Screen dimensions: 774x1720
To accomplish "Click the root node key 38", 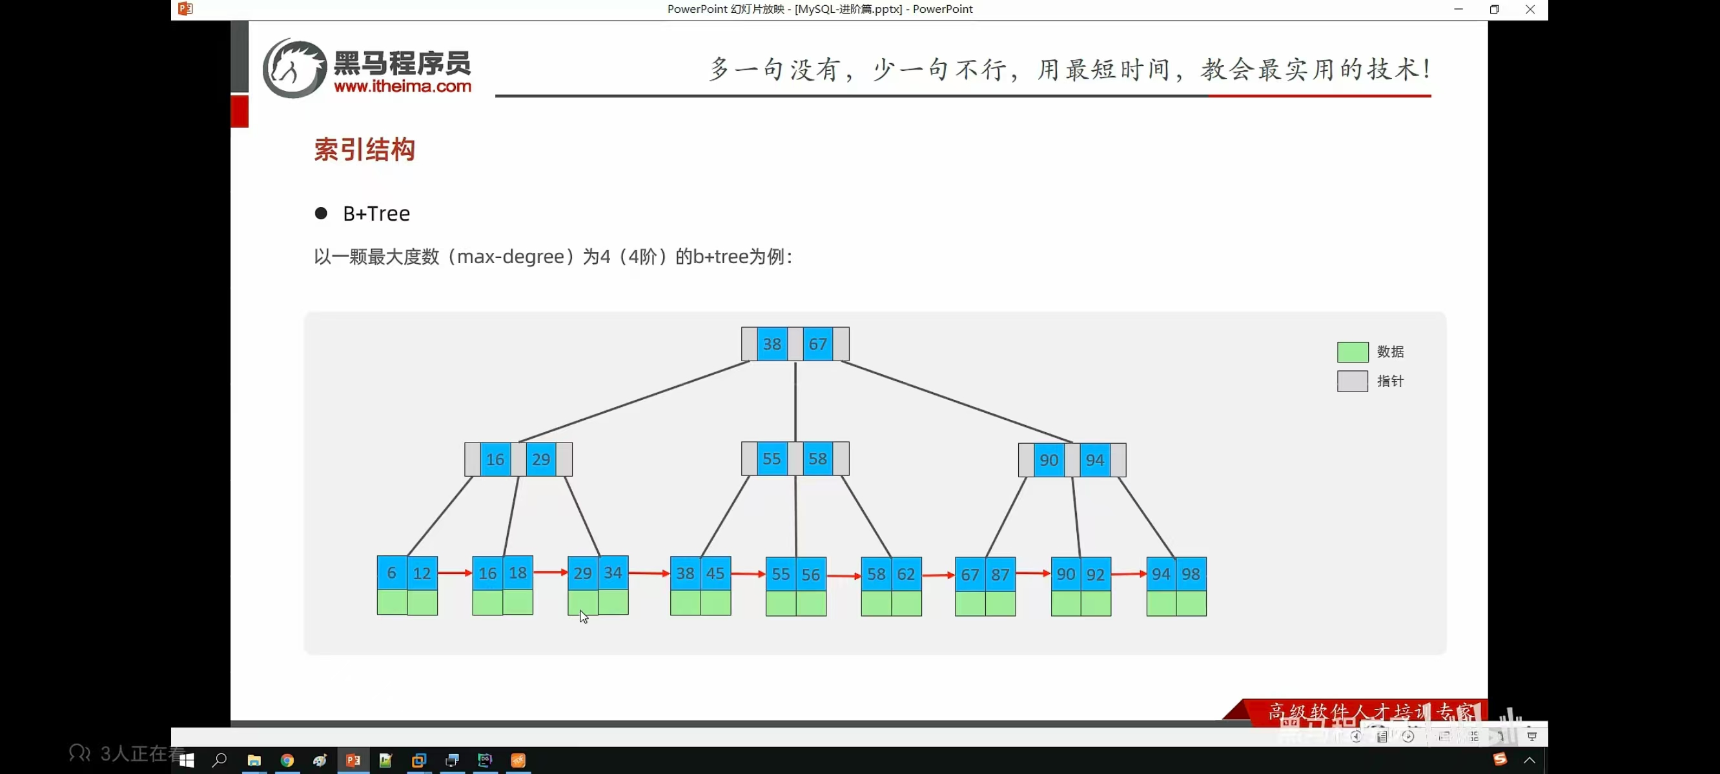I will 772,344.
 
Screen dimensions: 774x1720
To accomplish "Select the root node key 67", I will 817,344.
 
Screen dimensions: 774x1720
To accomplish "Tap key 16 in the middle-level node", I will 495,460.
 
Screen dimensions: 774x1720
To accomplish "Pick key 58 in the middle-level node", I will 817,459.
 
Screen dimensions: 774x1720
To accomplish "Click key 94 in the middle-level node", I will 1094,461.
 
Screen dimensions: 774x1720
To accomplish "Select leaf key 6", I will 392,573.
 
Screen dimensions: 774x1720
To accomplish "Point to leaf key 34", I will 613,573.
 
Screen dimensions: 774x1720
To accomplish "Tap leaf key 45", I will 715,574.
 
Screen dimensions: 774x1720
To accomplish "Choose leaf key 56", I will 810,575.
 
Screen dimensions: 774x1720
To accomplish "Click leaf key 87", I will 1000,575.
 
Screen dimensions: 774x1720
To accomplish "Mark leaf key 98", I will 1191,574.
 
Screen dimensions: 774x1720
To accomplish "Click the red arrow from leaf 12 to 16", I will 455,573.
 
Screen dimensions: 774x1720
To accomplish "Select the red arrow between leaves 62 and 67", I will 938,575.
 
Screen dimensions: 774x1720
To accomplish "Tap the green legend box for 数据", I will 1352,352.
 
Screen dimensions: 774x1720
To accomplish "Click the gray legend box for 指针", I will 1352,381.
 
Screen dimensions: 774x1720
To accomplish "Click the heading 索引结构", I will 365,150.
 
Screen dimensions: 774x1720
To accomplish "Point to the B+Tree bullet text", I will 376,213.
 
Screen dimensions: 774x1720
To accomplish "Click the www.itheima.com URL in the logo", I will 402,86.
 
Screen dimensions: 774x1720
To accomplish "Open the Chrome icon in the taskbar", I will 287,760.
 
